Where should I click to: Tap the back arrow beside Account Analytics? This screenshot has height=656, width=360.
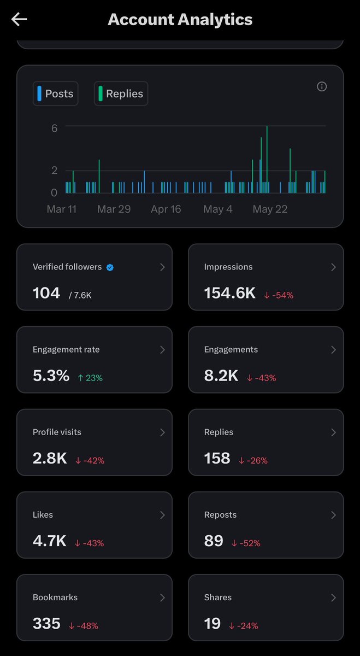19,19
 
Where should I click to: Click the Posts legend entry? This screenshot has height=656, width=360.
55,93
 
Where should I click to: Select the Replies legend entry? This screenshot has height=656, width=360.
121,93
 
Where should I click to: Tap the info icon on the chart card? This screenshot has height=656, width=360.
322,87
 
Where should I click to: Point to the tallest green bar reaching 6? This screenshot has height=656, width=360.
267,159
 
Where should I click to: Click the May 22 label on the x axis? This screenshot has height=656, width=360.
270,209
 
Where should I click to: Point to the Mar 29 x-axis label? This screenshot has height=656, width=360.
114,209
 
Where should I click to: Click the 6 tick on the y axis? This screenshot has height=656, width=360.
54,128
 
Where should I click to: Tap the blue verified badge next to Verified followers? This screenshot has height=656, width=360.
110,267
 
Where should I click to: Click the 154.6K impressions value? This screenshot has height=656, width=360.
230,293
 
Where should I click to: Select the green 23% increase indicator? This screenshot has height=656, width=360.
90,378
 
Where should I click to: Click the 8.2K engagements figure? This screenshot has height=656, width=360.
221,376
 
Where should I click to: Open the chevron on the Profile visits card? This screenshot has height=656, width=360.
162,432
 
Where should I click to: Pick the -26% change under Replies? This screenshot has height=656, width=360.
253,460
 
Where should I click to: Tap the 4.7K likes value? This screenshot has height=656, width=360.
50,541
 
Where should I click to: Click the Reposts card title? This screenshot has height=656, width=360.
220,515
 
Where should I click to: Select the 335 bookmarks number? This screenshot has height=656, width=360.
46,624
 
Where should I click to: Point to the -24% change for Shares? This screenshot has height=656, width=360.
244,626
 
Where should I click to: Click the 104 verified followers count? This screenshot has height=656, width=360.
46,293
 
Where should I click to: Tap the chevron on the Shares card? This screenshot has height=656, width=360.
333,598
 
